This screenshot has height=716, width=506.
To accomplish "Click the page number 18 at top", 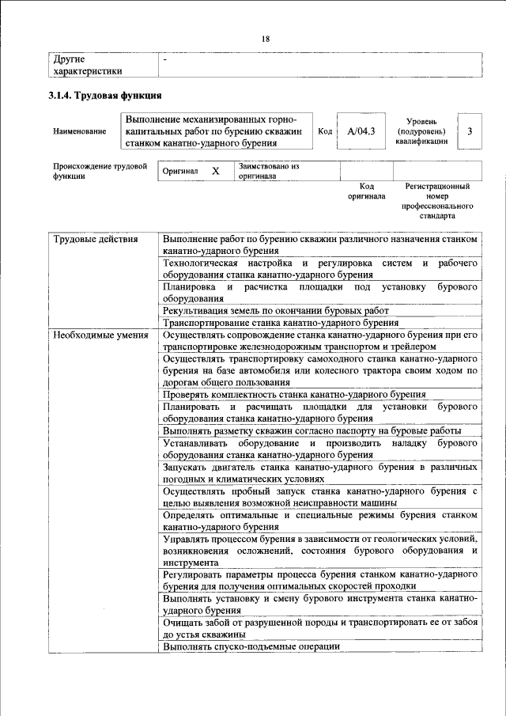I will pos(266,39).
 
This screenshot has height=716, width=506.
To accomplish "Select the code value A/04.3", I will pos(361,131).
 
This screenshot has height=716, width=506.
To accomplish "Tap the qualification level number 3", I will pos(470,131).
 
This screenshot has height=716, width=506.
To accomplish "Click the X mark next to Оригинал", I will pos(215,171).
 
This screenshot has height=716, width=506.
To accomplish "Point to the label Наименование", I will pos(79,132).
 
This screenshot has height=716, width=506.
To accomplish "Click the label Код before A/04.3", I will pos(324,131).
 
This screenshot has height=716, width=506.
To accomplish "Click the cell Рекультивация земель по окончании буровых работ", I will pos(276,311).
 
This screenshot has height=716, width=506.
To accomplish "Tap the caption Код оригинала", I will pos(366,191).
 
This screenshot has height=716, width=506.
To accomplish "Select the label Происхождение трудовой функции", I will pos(100,172).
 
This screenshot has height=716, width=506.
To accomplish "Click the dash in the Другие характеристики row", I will pos(164,59).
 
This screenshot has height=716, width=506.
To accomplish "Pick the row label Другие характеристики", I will pos(87,65).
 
